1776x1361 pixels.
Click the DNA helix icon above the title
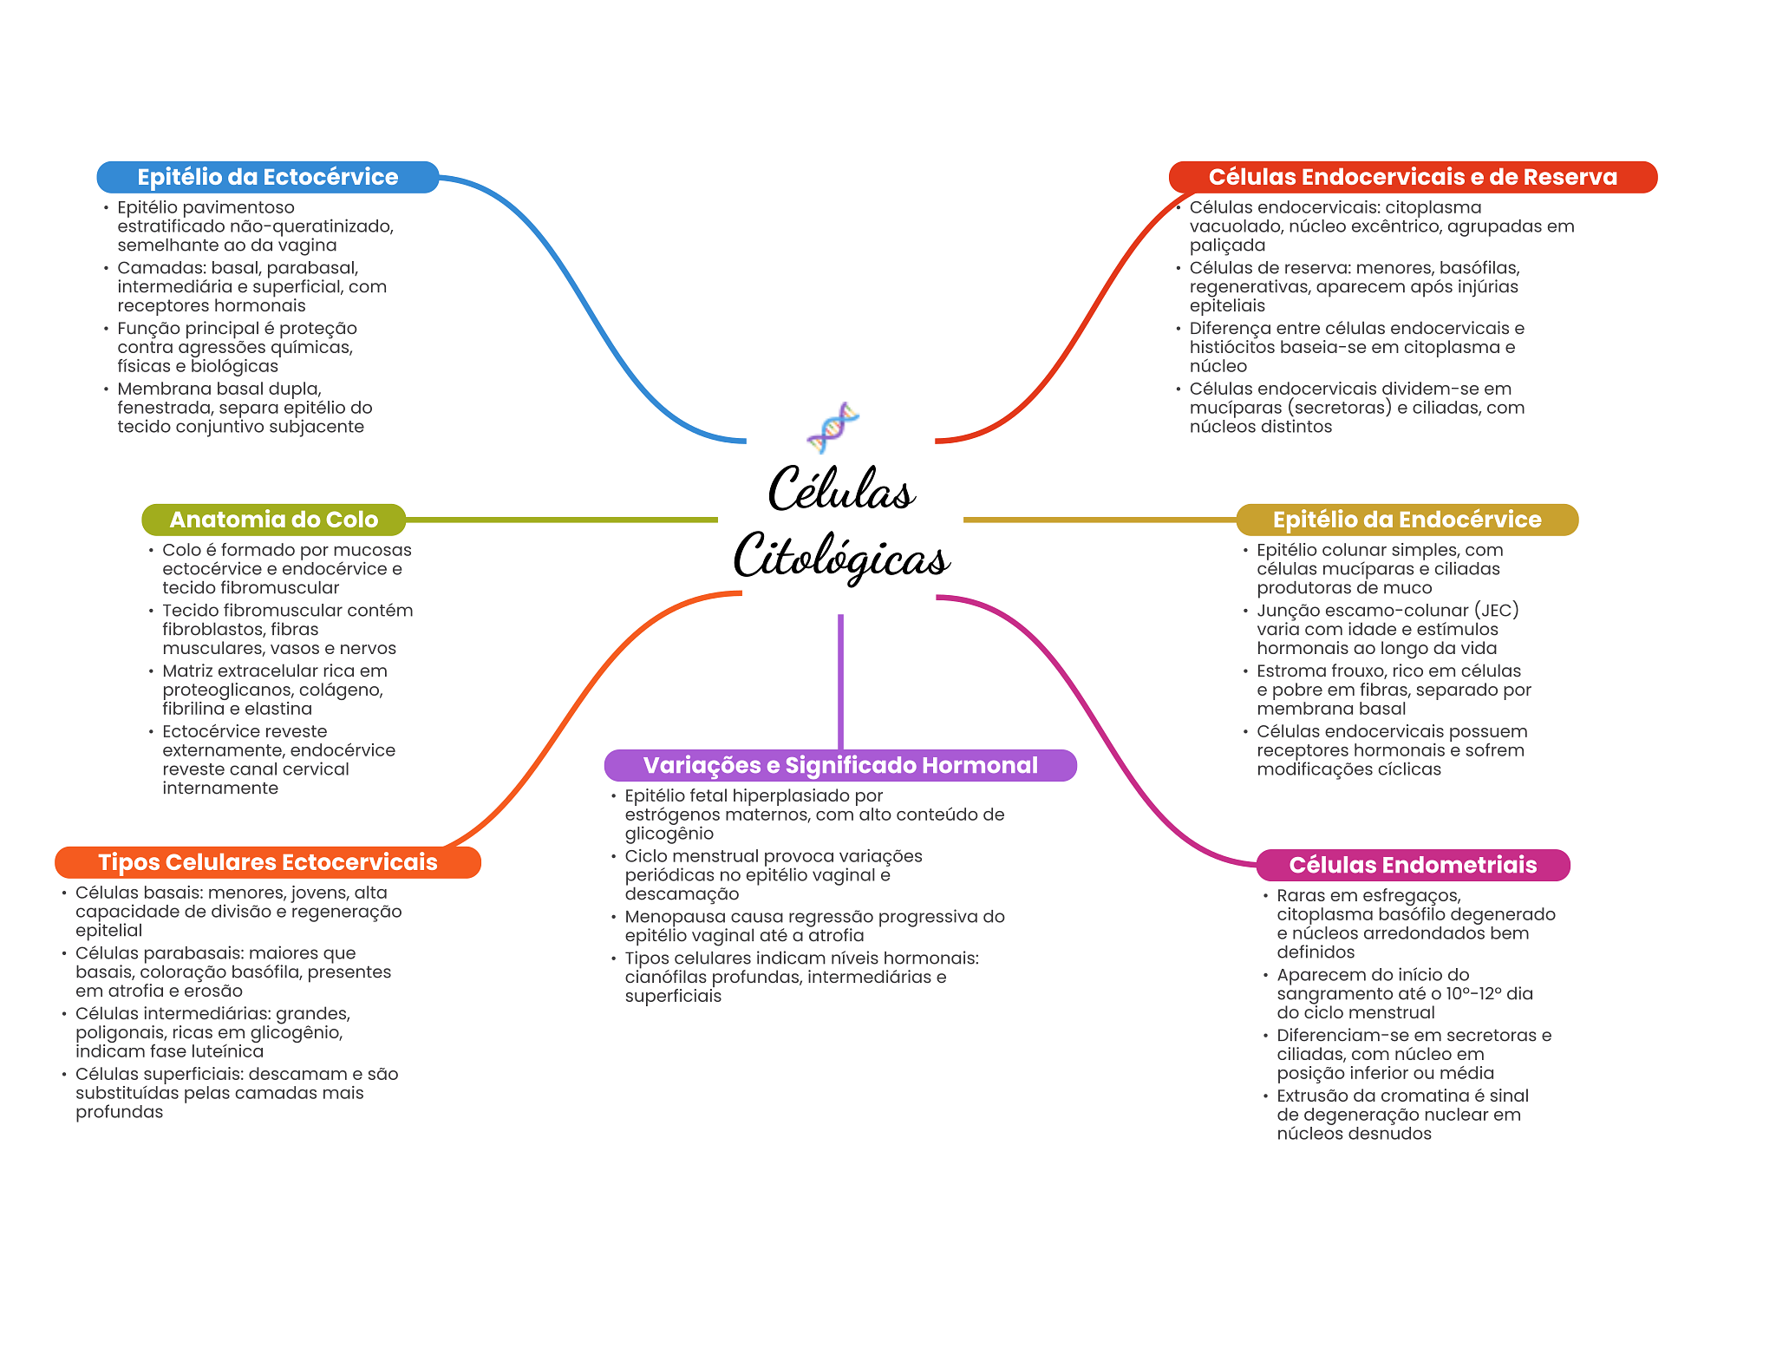coord(832,427)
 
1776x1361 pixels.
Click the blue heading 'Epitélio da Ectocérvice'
coord(267,177)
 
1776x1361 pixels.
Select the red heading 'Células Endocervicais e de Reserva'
coord(1412,177)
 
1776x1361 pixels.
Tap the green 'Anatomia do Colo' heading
coord(273,520)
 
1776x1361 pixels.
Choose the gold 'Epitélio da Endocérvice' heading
coord(1406,520)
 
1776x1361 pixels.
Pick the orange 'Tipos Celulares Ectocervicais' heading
coord(267,862)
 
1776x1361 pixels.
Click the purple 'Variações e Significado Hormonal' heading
coord(839,765)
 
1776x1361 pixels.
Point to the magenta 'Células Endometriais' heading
coord(1412,865)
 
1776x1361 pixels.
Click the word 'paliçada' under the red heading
coord(1226,245)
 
